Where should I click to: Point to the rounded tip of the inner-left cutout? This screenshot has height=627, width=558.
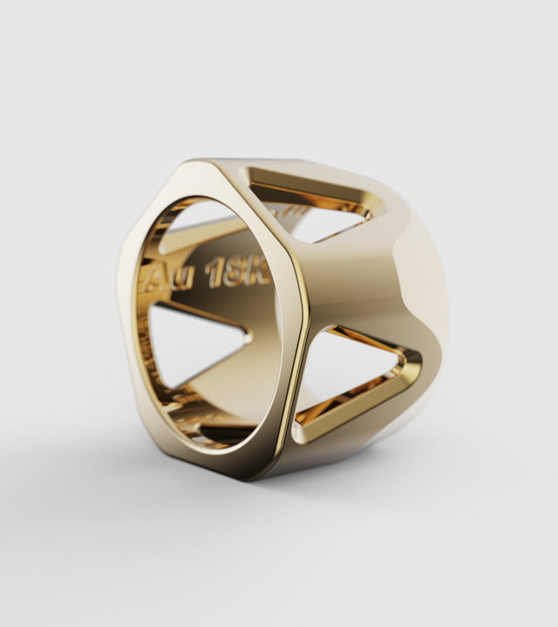tap(248, 335)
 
